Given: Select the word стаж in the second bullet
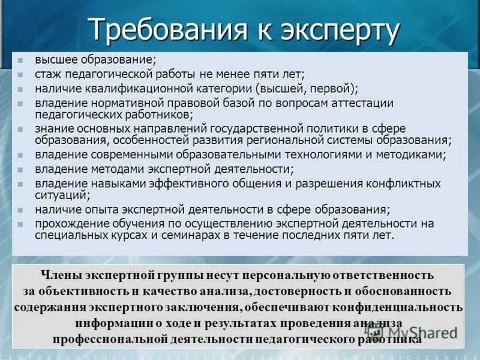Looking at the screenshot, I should point(48,74).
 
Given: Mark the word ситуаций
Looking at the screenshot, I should point(61,194).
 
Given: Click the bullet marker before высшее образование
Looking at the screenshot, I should point(20,61).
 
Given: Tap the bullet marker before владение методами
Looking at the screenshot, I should point(20,170).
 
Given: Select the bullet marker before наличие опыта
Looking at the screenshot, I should point(20,210).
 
